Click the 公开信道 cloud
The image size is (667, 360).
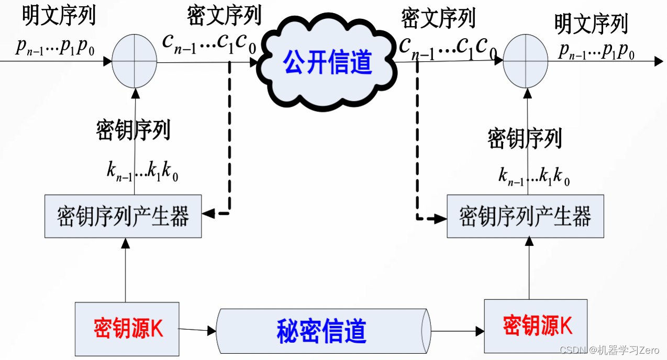coord(328,63)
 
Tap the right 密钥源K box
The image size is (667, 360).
coord(536,325)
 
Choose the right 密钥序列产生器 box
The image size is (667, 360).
coord(525,216)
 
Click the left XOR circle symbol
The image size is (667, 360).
coord(135,61)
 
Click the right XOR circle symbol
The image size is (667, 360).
coord(526,61)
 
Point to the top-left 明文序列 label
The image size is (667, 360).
coord(59,17)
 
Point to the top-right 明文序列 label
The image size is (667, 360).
coord(591,25)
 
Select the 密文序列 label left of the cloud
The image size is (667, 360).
coord(224,17)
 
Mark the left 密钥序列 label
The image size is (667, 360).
coord(133,131)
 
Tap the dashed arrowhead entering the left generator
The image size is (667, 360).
coord(208,213)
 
